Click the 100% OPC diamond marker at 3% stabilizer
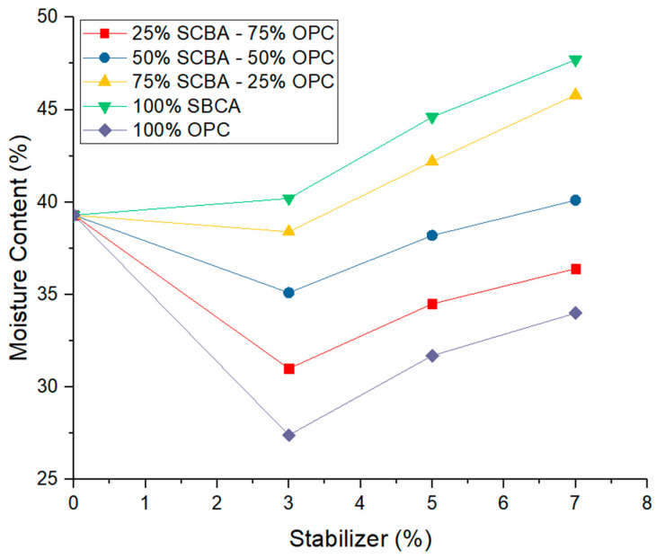[288, 435]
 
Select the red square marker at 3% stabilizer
[288, 368]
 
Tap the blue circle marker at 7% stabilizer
[575, 199]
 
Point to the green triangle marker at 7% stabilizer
[575, 61]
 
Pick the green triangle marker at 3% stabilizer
[288, 199]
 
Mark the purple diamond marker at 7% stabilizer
[575, 313]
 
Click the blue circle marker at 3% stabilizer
[288, 292]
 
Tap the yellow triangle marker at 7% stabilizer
[575, 93]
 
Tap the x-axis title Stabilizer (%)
[359, 540]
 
